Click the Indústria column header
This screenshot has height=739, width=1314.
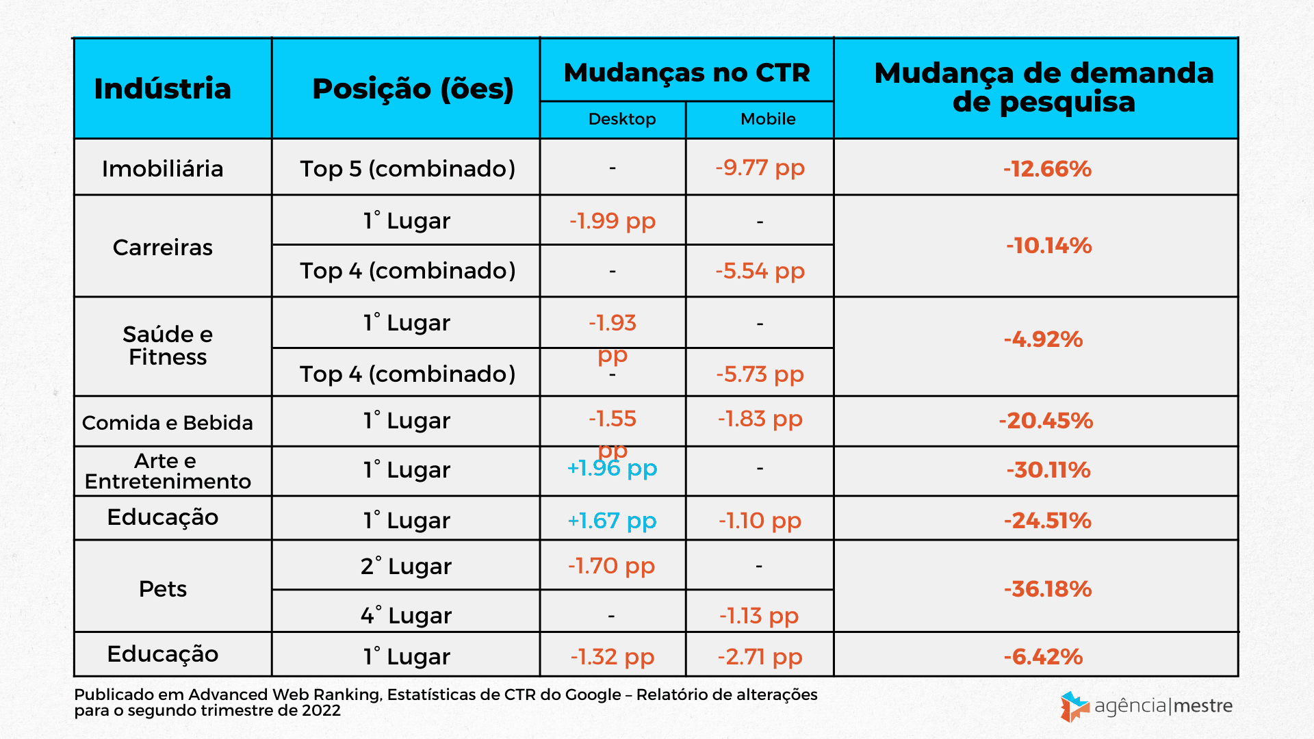click(x=162, y=89)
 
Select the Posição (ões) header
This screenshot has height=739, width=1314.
click(x=413, y=89)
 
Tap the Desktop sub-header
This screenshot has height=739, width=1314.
click(x=621, y=119)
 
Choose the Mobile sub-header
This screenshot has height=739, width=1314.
click(x=768, y=119)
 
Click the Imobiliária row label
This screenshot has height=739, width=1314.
click(x=162, y=169)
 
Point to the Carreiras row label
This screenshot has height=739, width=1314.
click(x=162, y=247)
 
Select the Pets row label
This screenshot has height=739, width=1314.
click(x=162, y=588)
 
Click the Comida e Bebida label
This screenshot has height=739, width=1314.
click(x=167, y=423)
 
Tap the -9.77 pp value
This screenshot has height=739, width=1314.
click(x=760, y=168)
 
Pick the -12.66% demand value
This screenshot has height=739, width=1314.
click(x=1047, y=169)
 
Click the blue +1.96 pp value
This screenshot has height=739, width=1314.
click(x=612, y=469)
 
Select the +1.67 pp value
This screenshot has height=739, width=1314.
click(x=612, y=521)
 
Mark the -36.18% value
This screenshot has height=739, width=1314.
click(x=1047, y=589)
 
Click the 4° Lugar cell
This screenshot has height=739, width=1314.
click(x=406, y=616)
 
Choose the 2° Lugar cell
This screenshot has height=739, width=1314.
click(x=406, y=567)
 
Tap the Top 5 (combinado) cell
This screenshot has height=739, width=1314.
click(x=407, y=169)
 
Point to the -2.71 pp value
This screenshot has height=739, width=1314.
click(x=760, y=657)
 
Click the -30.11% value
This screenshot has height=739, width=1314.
click(x=1048, y=470)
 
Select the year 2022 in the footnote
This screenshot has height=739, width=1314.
click(x=321, y=711)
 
